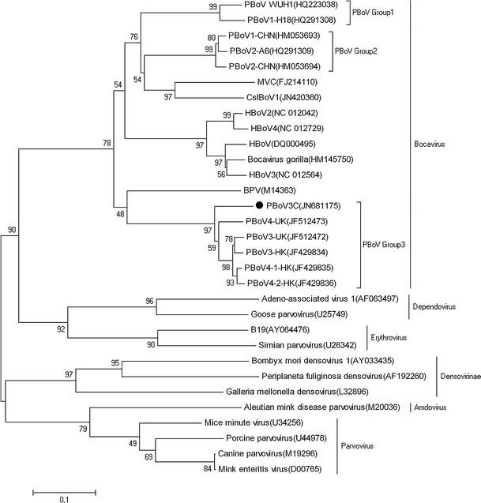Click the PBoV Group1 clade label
click(371, 13)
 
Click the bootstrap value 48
click(120, 214)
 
